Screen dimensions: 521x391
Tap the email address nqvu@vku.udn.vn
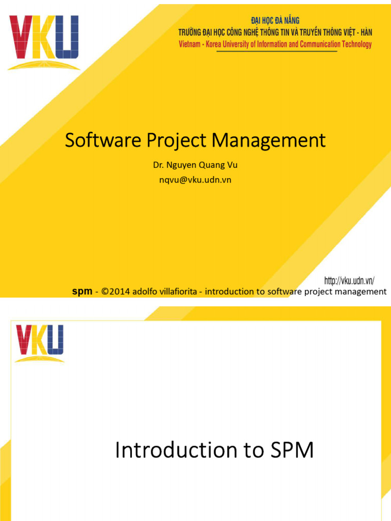click(x=195, y=180)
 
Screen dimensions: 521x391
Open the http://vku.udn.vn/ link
click(x=349, y=280)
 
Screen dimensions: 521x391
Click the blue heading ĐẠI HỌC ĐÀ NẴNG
click(x=275, y=20)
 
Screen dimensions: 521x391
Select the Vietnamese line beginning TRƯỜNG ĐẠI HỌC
click(x=275, y=32)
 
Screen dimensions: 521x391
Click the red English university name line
click(x=275, y=44)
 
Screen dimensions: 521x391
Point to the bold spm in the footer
click(x=82, y=292)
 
